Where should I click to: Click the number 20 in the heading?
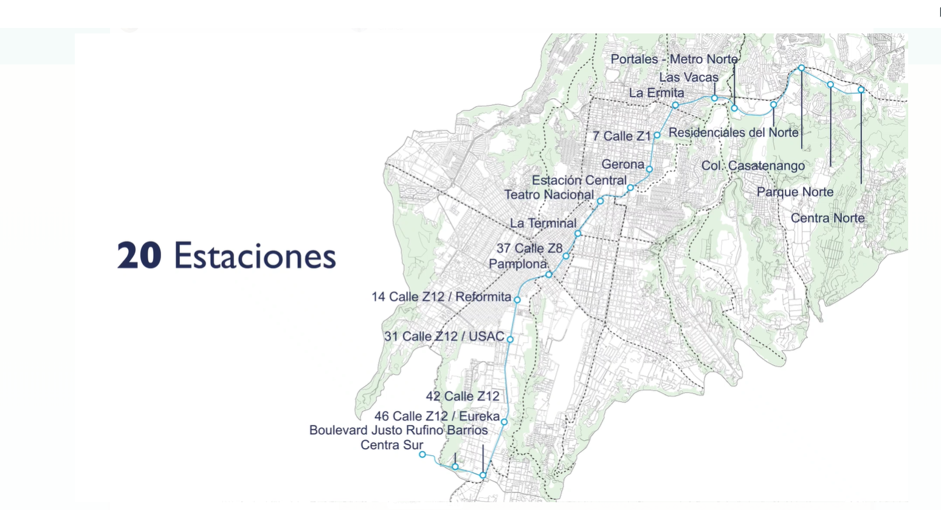[x=139, y=255]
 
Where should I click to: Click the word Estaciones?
[x=255, y=256]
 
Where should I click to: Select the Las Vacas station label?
[x=688, y=77]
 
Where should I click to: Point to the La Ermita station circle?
[x=675, y=105]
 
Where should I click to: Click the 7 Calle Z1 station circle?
[x=657, y=135]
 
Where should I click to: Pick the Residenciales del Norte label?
[x=733, y=133]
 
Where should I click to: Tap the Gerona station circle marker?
[x=649, y=169]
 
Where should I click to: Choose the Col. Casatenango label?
[x=753, y=165]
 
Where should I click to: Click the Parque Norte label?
[x=795, y=192]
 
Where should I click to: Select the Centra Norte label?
[x=827, y=218]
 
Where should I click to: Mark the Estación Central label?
[x=579, y=181]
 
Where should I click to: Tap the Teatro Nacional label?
[x=548, y=195]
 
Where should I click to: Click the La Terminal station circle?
[x=578, y=233]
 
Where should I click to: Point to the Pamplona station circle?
[x=548, y=275]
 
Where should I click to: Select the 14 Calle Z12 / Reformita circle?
[x=517, y=300]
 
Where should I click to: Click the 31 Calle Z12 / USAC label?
[x=444, y=336]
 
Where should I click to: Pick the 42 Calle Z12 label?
[x=462, y=396]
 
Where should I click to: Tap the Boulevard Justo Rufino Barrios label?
[x=398, y=430]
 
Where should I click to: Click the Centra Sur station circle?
[x=422, y=455]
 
